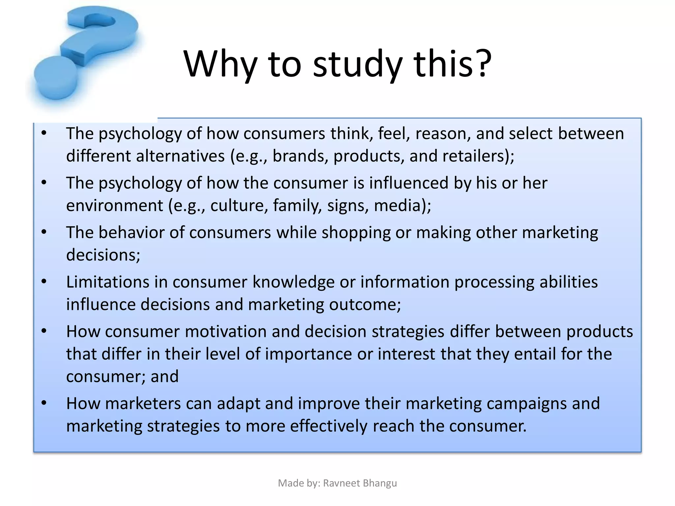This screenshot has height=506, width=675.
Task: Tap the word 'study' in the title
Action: tap(358, 64)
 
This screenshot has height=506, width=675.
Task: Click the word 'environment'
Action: tap(114, 206)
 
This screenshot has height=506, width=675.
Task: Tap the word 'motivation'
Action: tap(225, 332)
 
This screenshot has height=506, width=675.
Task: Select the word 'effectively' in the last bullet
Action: tap(329, 426)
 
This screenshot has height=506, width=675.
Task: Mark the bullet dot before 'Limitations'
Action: tap(44, 282)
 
